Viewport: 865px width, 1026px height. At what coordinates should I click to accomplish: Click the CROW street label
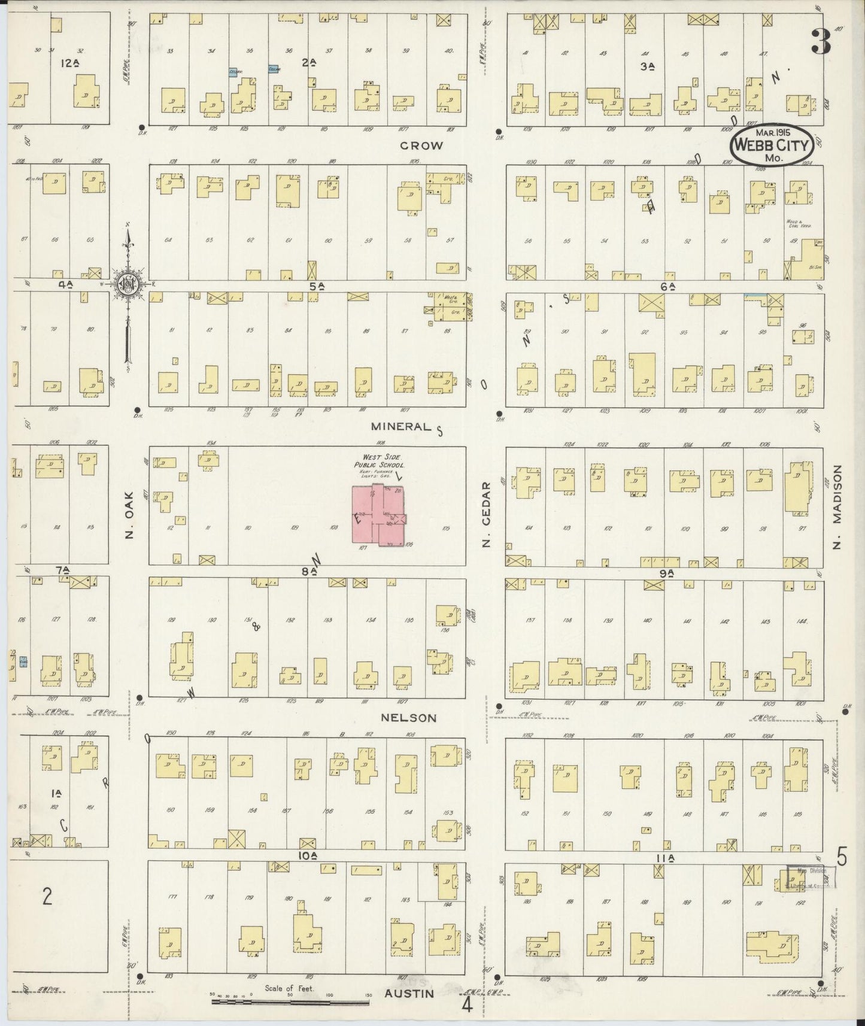click(x=421, y=145)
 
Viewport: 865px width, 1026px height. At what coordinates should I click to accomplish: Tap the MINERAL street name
click(x=400, y=427)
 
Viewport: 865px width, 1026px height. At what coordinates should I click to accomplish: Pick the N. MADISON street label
click(x=837, y=508)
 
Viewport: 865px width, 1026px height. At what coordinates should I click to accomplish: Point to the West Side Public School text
click(x=380, y=461)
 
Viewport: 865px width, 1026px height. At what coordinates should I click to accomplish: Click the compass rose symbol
click(x=128, y=284)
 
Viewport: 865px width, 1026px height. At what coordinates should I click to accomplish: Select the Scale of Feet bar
click(x=290, y=1001)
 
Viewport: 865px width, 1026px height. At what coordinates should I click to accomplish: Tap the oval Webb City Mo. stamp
click(x=771, y=145)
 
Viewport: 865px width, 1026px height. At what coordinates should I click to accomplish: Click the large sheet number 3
click(x=822, y=44)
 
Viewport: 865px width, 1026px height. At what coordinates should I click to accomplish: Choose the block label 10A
click(x=306, y=856)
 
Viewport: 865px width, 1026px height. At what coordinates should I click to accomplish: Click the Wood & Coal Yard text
click(x=794, y=224)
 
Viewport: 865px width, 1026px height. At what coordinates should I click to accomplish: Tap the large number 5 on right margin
click(x=842, y=858)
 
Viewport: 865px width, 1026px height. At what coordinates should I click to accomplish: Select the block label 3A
click(x=645, y=67)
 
